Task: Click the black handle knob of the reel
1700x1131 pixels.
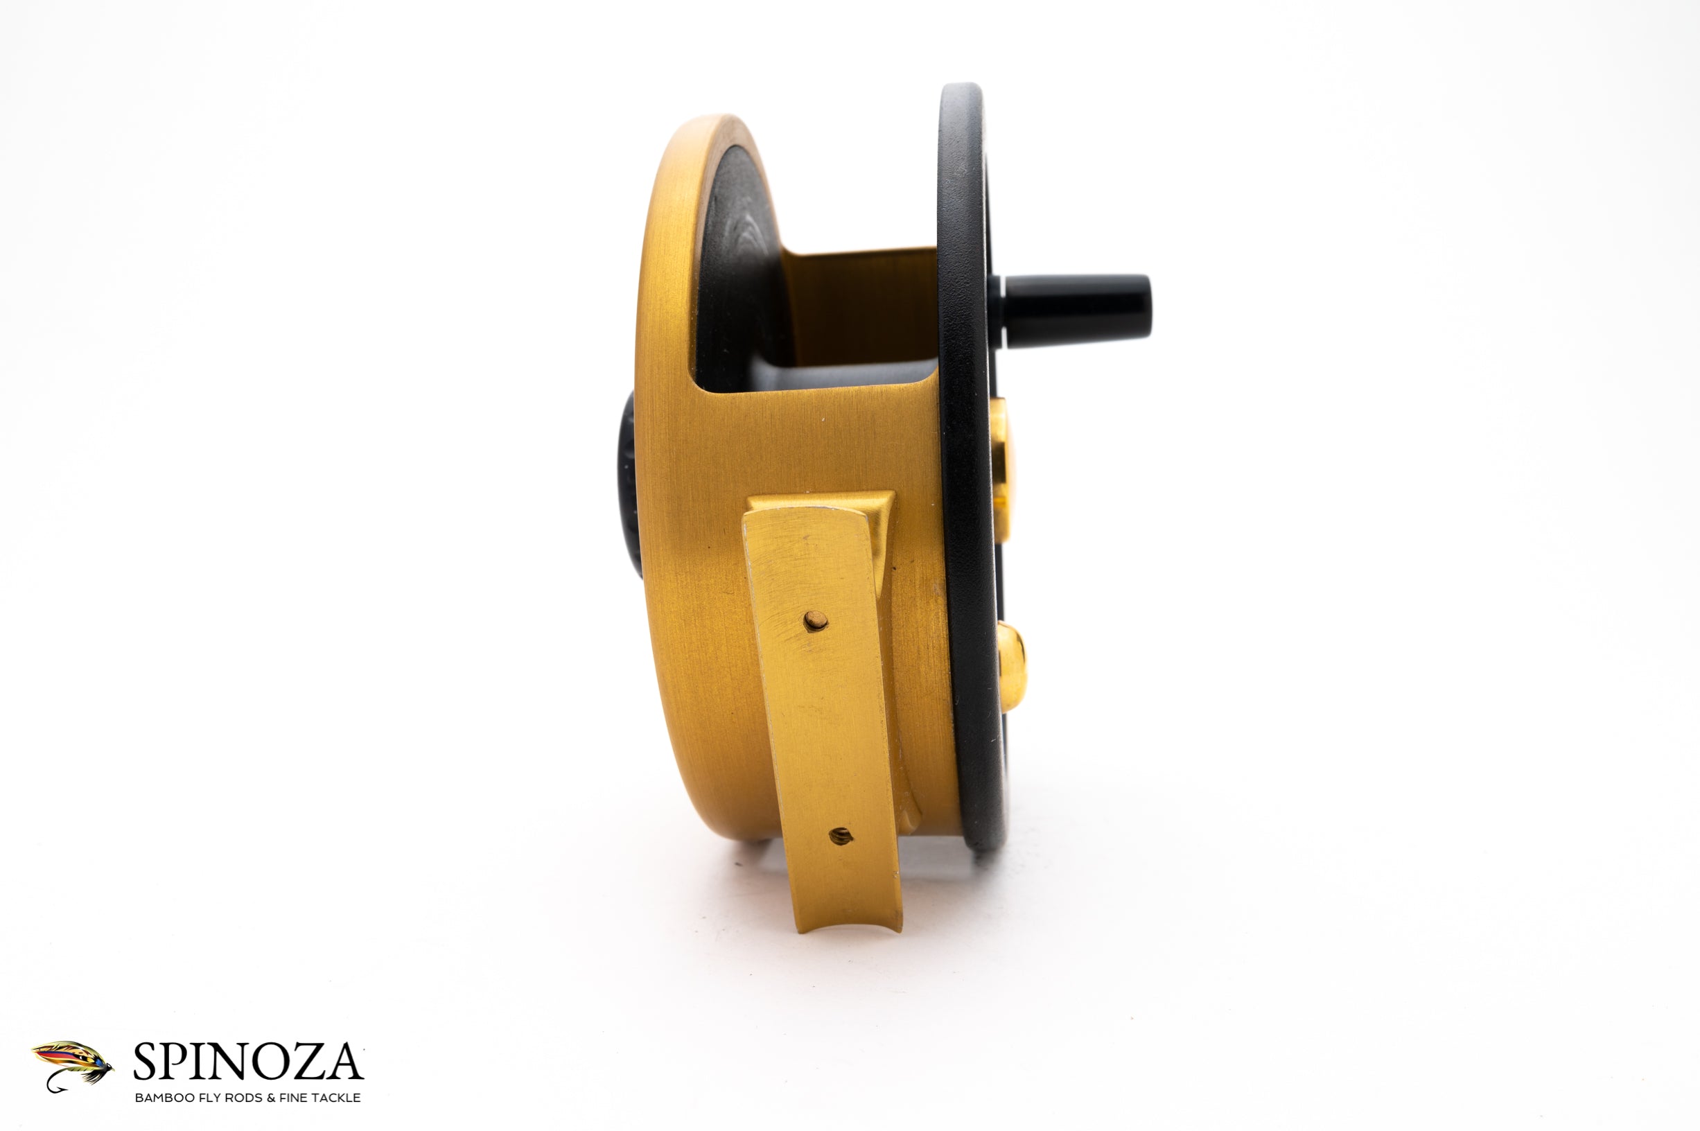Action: pos(1078,311)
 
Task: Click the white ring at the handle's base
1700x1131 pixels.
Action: pos(998,310)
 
